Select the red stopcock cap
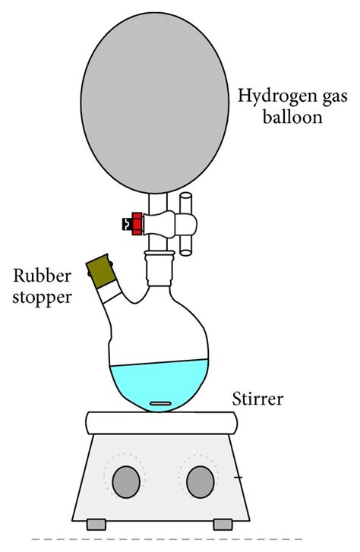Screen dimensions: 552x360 click(x=137, y=224)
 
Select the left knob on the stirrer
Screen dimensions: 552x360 click(x=127, y=481)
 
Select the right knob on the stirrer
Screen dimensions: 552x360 click(x=200, y=481)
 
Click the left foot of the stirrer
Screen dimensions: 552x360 click(x=96, y=524)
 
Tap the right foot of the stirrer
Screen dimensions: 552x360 click(x=223, y=524)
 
